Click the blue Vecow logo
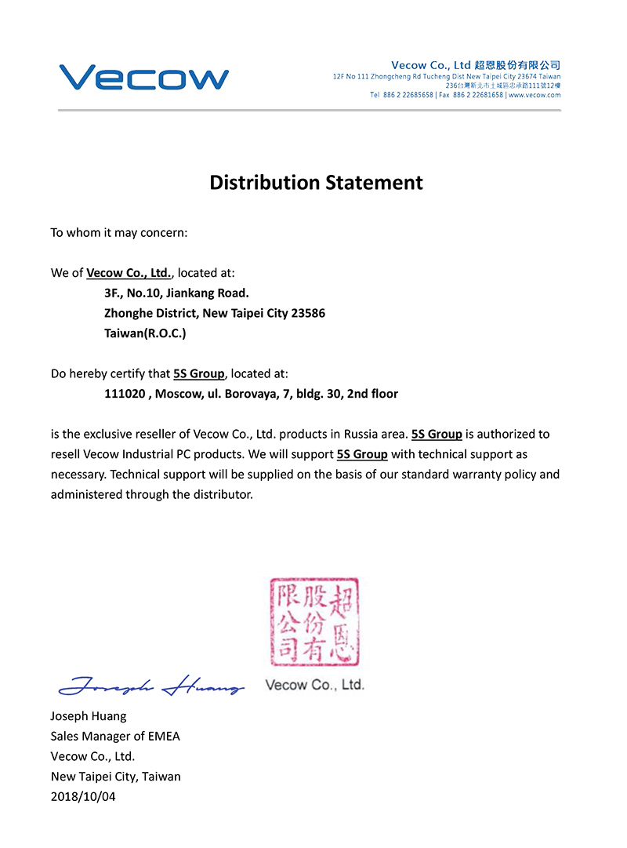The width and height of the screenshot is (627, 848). click(x=143, y=77)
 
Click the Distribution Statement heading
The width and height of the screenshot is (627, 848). click(x=316, y=183)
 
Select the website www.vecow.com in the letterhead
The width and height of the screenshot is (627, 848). click(x=535, y=95)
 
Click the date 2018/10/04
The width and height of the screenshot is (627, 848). click(x=84, y=796)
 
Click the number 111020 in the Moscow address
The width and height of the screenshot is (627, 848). click(x=125, y=394)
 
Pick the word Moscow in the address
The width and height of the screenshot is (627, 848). click(x=177, y=394)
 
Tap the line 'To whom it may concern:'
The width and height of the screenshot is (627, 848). click(x=119, y=233)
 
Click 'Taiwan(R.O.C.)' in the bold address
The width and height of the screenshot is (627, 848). click(x=145, y=333)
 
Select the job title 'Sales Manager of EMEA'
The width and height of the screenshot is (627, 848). click(x=115, y=736)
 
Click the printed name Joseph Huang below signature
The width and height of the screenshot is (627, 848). click(x=89, y=715)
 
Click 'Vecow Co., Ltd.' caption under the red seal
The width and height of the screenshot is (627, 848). click(x=315, y=685)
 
